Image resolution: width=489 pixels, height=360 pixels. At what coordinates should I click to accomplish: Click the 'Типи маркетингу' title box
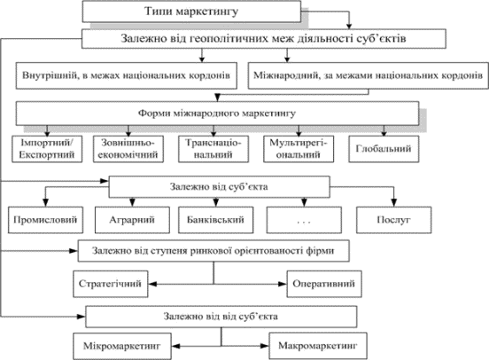191,12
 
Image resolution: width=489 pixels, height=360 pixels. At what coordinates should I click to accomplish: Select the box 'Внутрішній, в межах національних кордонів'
127,76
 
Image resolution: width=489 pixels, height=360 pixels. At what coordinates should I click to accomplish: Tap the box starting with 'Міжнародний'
368,76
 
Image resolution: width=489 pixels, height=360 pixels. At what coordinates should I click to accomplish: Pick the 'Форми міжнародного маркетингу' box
217,113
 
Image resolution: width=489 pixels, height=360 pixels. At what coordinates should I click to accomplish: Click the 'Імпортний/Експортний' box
47,149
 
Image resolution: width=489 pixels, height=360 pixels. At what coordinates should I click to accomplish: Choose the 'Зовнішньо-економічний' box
128,149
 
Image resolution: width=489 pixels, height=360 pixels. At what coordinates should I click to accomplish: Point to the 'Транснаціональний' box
213,149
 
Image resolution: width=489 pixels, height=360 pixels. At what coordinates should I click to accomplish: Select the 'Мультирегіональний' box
299,149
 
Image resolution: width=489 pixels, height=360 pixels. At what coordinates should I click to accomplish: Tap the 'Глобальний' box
384,149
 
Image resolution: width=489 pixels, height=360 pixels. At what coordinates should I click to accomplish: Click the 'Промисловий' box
45,220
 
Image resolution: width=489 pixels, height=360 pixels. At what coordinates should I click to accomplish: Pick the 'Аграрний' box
132,220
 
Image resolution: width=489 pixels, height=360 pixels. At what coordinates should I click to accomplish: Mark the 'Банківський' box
216,220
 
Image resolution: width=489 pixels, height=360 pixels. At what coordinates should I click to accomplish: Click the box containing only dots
304,220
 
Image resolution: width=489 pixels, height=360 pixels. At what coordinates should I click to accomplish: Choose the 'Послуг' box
394,220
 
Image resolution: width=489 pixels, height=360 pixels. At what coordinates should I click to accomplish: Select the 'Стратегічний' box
111,284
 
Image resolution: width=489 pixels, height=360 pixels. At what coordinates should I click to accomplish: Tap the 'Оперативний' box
324,284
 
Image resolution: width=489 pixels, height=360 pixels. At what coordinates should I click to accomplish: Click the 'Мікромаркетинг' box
122,346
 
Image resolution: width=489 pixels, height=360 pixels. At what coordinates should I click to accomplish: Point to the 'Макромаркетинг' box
318,346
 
